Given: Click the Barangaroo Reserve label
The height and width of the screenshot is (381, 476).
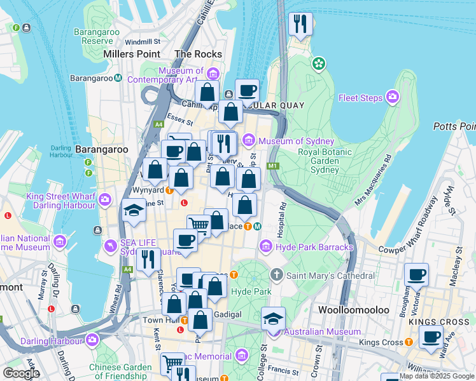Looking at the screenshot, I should [x=93, y=36].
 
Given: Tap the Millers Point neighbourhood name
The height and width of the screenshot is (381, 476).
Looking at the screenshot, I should [x=135, y=55].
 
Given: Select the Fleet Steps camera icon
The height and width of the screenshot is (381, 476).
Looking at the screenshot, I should [x=393, y=97].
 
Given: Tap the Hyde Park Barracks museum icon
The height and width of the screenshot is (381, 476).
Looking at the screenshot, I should [x=265, y=246].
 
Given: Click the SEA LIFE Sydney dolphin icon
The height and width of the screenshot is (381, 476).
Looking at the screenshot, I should [x=112, y=246].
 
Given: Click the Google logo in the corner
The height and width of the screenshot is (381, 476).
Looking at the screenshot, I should [x=20, y=373].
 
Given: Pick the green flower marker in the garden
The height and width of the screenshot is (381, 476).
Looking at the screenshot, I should [x=318, y=63].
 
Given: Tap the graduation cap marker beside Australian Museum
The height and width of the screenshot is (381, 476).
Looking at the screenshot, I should [x=273, y=318].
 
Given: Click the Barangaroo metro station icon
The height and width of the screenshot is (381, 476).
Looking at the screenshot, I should [x=118, y=78].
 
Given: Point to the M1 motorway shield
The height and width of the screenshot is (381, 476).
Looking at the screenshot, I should [x=273, y=166].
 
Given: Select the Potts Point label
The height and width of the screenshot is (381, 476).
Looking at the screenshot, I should [x=454, y=126].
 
